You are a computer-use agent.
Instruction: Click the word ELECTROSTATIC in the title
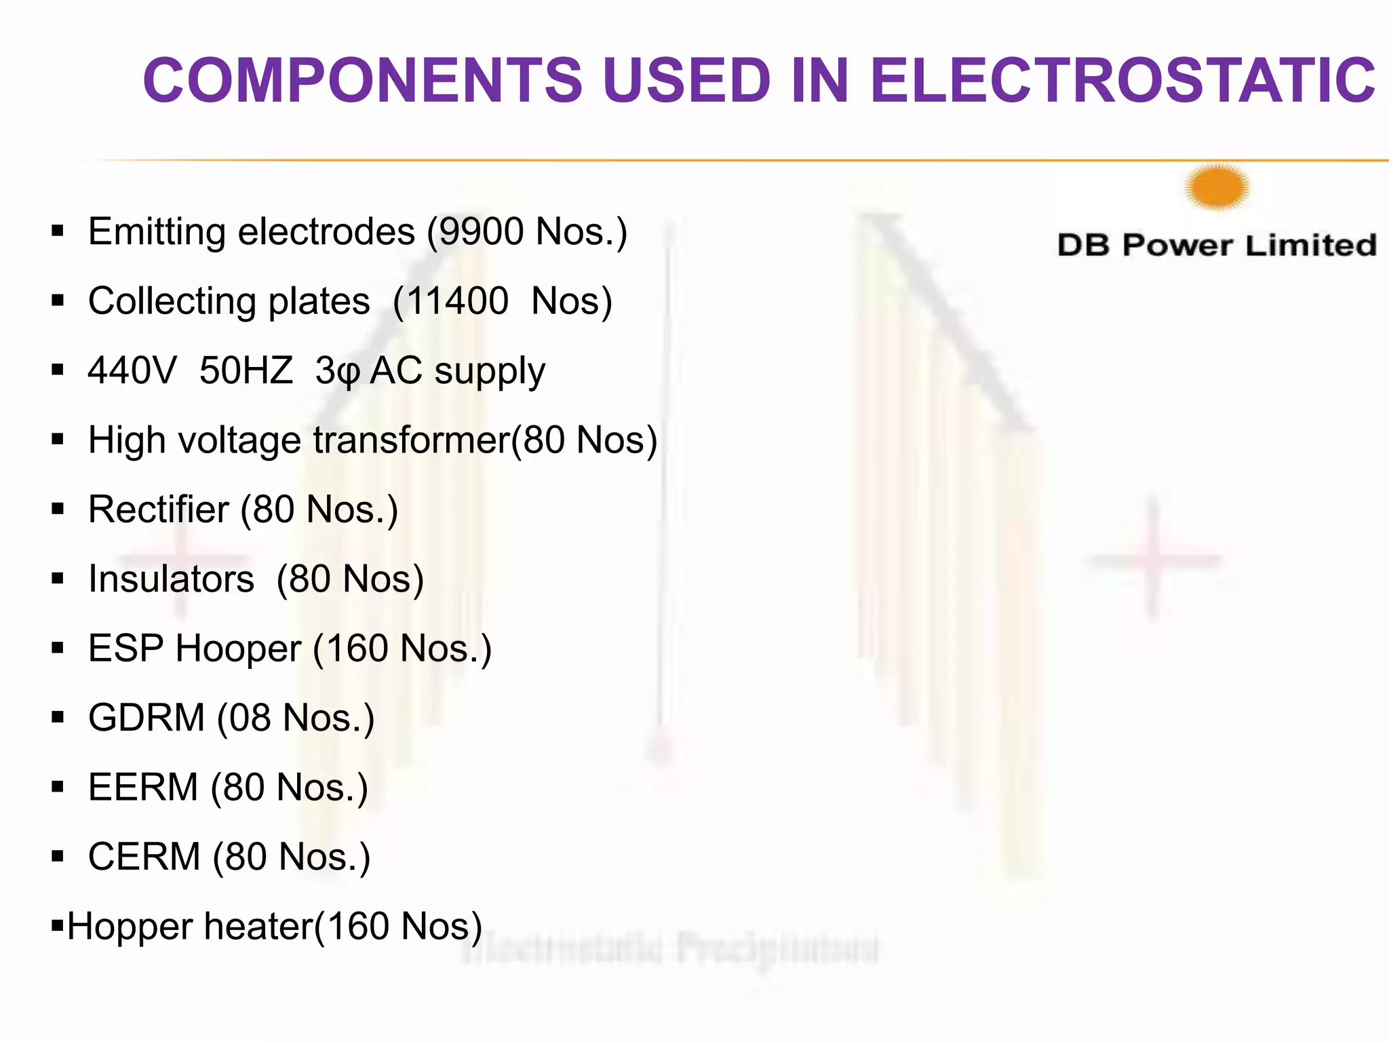click(1122, 80)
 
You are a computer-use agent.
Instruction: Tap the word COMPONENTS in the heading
click(363, 80)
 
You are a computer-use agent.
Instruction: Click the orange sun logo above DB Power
click(1217, 187)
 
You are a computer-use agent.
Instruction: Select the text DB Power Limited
click(1217, 245)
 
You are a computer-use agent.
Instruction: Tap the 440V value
click(132, 370)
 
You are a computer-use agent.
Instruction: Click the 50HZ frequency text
click(246, 370)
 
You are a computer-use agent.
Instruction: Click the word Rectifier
click(159, 509)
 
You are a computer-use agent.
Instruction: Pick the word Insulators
click(171, 579)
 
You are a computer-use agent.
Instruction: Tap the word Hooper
click(238, 649)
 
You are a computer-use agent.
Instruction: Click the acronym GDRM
click(146, 718)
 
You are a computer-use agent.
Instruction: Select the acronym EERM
click(143, 787)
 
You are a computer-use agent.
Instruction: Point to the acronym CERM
click(144, 856)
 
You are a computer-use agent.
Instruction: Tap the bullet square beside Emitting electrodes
click(58, 231)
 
